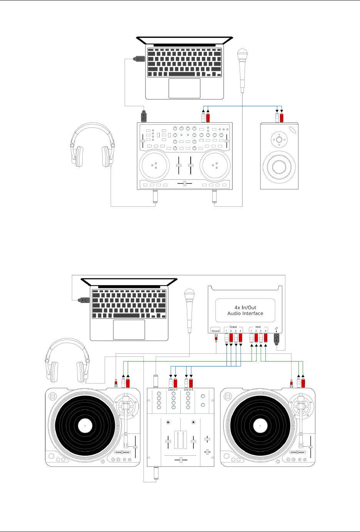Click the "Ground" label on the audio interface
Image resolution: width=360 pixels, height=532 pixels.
click(215, 331)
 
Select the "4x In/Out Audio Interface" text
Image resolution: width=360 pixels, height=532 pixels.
click(245, 310)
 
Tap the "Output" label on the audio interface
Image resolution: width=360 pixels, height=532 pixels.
click(233, 327)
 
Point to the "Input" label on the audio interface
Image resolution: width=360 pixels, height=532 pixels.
click(258, 327)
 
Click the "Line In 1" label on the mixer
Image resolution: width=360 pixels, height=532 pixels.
click(173, 390)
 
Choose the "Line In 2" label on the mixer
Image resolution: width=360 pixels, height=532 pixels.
click(188, 390)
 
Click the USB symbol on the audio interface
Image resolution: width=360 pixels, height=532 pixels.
click(276, 330)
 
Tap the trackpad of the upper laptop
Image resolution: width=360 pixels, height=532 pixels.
click(184, 88)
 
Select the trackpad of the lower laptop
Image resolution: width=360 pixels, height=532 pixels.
click(129, 330)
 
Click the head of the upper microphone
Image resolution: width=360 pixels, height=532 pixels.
click(242, 54)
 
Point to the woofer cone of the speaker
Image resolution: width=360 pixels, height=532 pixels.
click(279, 167)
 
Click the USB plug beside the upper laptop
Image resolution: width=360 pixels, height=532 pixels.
click(139, 59)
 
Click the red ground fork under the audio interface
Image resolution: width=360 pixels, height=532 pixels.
click(216, 340)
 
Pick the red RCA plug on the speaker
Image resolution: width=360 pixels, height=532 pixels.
click(282, 117)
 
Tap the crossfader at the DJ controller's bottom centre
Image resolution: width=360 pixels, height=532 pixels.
click(185, 183)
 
